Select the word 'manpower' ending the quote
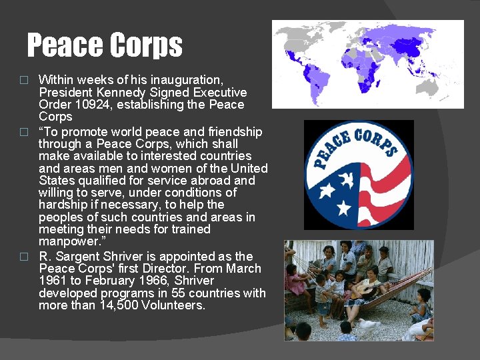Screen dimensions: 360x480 tap(67, 241)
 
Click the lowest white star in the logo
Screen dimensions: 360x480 tap(345, 209)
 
